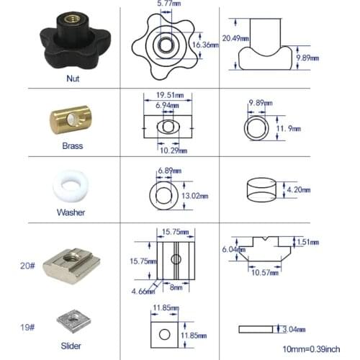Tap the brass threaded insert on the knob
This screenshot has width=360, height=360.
(x=70, y=19)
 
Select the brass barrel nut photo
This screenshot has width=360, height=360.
(x=71, y=120)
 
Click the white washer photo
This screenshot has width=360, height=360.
(x=71, y=186)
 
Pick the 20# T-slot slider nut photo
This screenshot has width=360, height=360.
(x=71, y=266)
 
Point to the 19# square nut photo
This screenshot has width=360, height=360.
(x=74, y=321)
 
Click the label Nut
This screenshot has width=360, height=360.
(x=73, y=78)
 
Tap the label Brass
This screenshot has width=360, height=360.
(x=73, y=146)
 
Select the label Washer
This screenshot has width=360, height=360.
(x=71, y=212)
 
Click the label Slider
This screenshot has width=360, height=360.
(x=71, y=346)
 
